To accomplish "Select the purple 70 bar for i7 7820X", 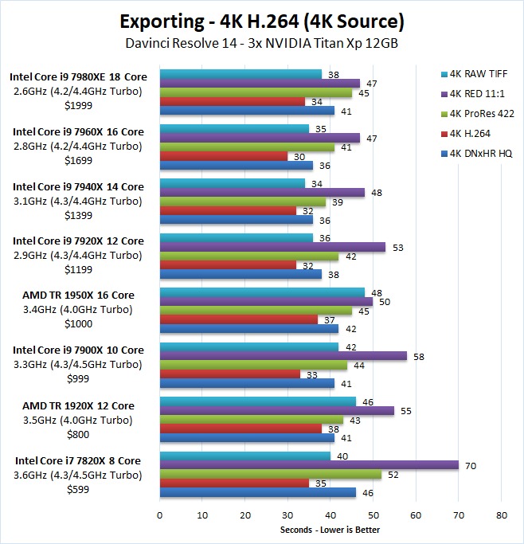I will coord(309,465).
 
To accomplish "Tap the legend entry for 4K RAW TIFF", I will coord(479,73).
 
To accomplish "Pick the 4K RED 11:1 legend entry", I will coord(477,93).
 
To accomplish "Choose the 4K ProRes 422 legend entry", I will coord(482,113).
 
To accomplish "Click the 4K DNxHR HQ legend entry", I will coord(481,154).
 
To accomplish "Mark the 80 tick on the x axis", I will coord(500,515).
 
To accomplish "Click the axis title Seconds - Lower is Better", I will coord(330,530).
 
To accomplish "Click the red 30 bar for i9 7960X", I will coord(224,157).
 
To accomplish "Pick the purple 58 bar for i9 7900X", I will coord(284,356).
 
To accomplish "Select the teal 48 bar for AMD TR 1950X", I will coord(262,292).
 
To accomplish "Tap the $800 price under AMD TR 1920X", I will coord(76,434).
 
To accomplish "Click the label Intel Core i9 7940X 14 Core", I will coord(76,186).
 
